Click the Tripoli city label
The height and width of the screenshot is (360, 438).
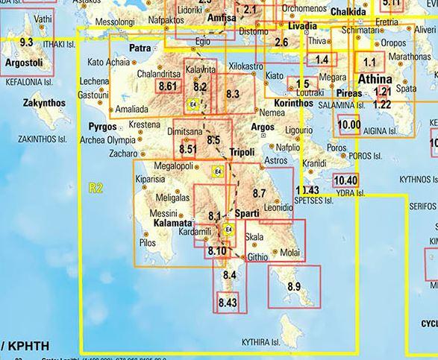click(241, 151)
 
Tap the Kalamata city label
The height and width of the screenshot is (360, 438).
click(173, 223)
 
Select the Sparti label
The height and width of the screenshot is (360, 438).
click(247, 214)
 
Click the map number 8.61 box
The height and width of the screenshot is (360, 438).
click(168, 87)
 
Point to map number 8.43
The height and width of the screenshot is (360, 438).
click(228, 303)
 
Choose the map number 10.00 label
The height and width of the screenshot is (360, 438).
click(348, 125)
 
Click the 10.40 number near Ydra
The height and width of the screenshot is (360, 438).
click(345, 180)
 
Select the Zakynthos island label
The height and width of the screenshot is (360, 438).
click(45, 102)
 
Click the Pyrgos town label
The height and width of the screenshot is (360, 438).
click(104, 127)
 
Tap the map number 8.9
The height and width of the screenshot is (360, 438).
click(293, 287)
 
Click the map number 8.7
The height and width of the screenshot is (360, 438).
click(260, 194)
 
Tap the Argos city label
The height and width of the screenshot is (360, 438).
click(263, 127)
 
